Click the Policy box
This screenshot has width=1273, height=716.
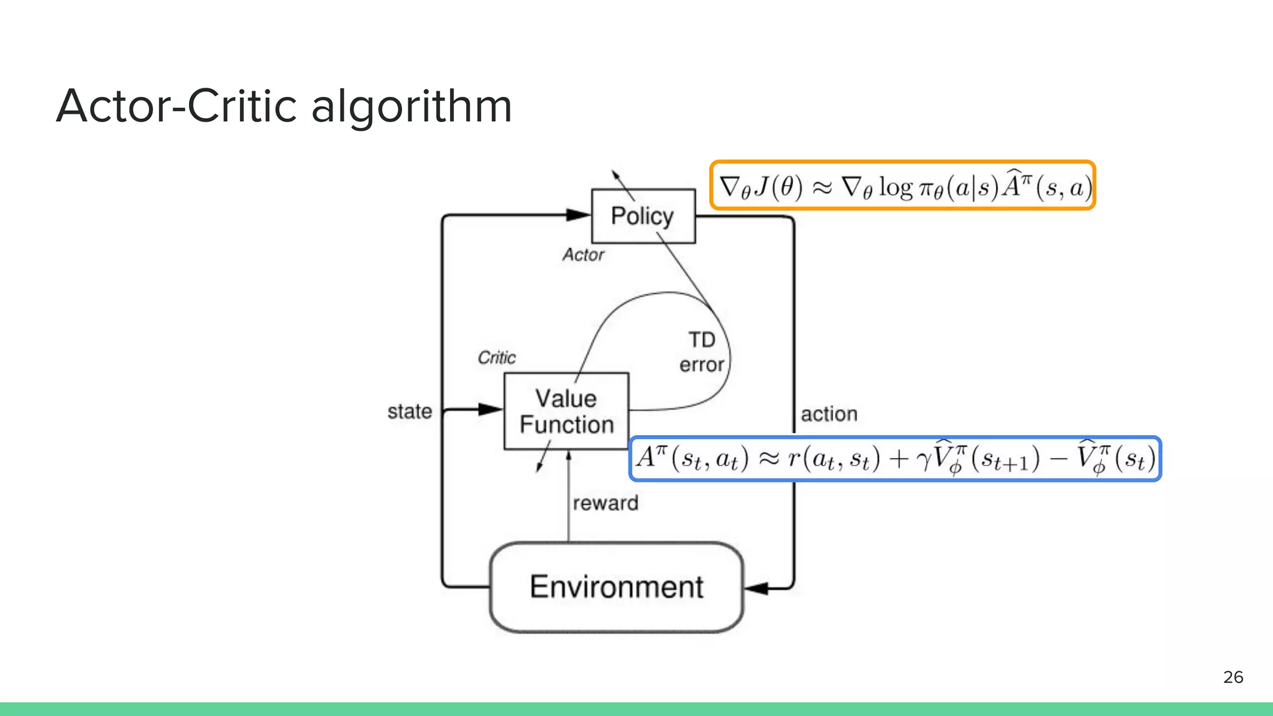643,216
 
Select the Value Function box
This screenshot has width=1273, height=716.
566,411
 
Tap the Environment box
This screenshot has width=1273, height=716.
617,587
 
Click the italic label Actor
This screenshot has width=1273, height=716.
583,255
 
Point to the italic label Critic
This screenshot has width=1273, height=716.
497,357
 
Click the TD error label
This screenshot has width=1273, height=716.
702,352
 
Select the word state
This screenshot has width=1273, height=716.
410,411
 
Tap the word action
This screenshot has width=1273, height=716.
829,414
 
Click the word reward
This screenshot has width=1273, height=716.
605,503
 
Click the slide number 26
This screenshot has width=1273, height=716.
1233,677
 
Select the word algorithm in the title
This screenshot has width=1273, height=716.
411,106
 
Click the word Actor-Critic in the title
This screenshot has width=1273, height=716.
177,106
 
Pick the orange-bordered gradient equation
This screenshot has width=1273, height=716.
903,186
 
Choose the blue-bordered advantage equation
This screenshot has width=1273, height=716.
895,459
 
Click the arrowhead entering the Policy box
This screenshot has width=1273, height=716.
578,215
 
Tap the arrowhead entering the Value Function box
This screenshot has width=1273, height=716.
490,409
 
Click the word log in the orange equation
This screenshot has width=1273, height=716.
895,186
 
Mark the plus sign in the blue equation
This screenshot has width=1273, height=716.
899,459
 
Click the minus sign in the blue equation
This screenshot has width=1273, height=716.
1058,459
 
